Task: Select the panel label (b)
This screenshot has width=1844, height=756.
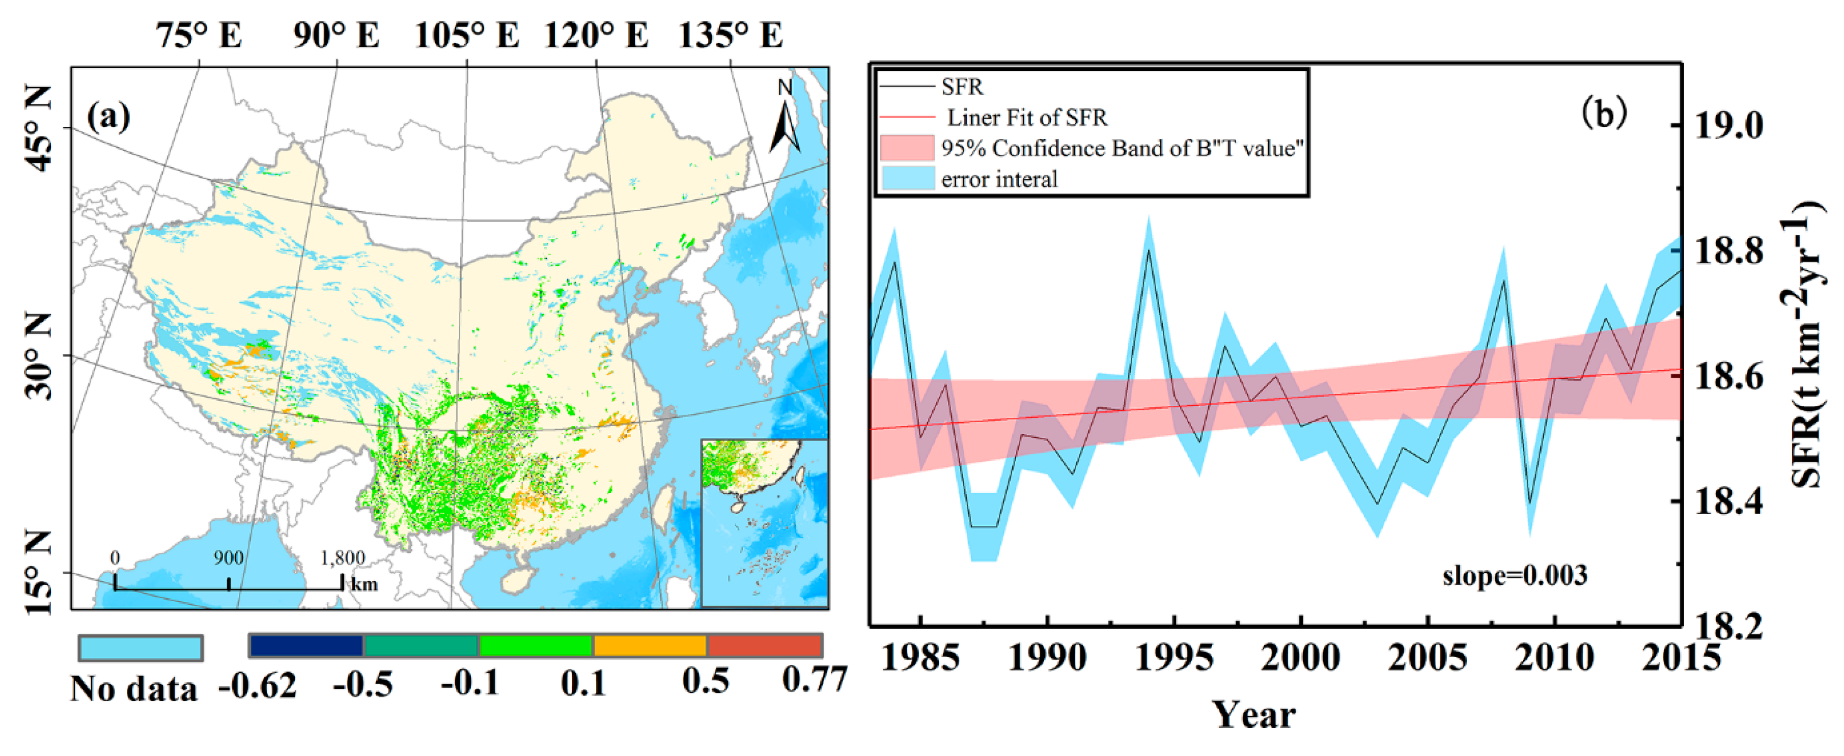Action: (1604, 113)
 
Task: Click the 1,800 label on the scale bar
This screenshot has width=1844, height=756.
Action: (342, 557)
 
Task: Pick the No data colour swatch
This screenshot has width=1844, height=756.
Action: (141, 649)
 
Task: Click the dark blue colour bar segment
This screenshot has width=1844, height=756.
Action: (306, 646)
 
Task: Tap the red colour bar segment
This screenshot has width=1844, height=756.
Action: (765, 646)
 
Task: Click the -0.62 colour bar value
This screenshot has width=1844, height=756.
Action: (258, 685)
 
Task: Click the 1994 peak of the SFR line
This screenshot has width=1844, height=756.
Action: (1149, 250)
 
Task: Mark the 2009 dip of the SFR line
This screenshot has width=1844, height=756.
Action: (1530, 503)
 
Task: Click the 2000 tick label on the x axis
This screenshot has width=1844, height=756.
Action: (1300, 658)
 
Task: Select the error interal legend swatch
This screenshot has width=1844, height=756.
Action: (907, 178)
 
